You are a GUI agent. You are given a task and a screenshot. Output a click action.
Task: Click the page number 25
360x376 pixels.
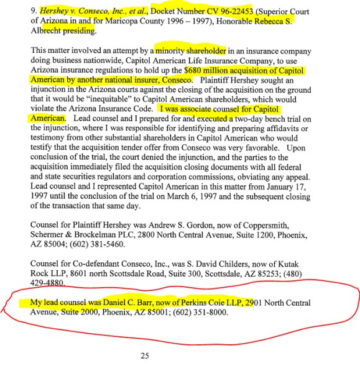[145, 355]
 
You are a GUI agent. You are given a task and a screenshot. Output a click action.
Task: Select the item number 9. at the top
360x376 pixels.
[34, 11]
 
